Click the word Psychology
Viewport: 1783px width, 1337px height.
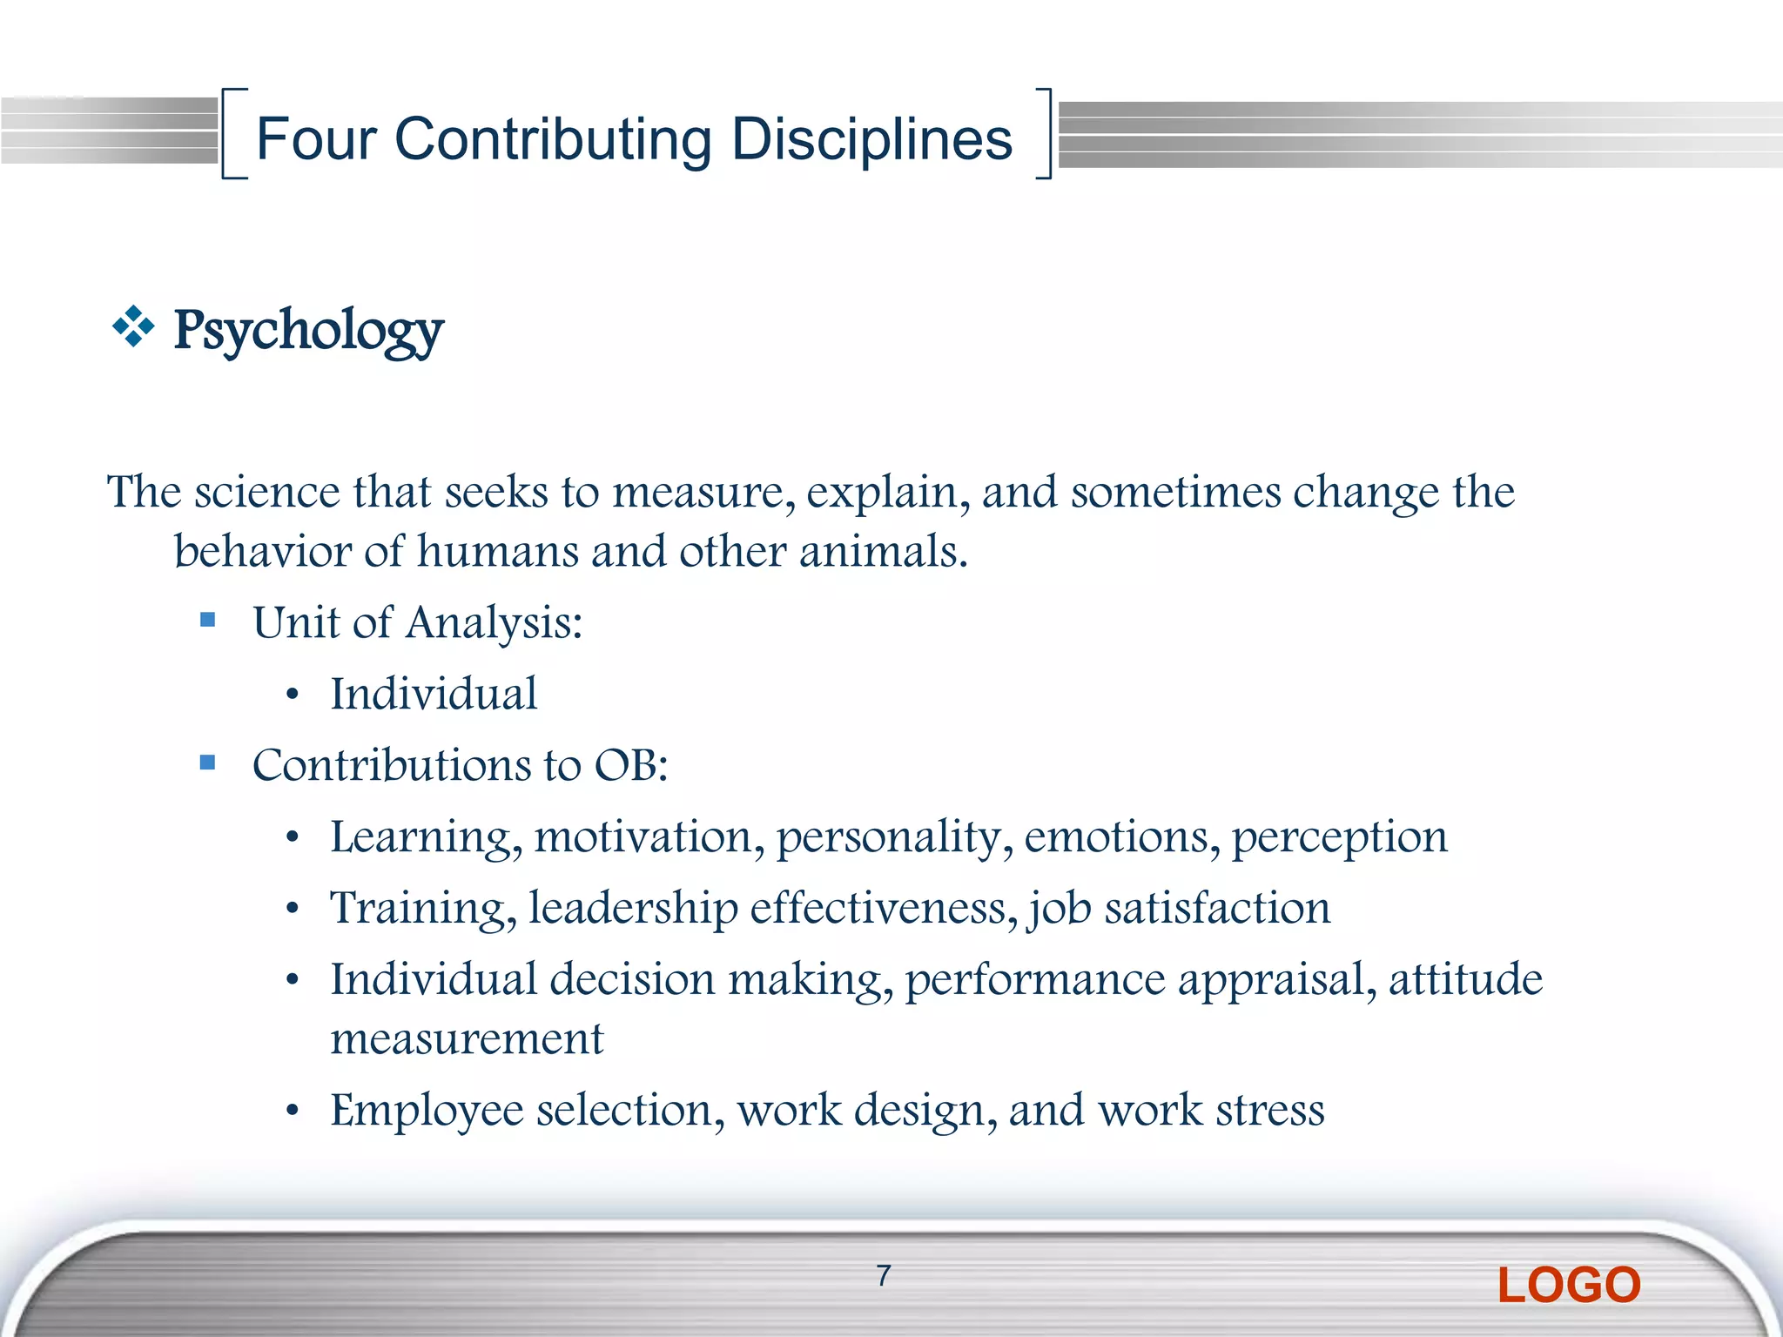pyautogui.click(x=308, y=331)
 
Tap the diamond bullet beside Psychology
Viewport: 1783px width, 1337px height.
pyautogui.click(x=133, y=327)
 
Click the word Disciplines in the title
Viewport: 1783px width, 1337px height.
pyautogui.click(x=871, y=139)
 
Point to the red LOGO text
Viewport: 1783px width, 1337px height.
pyautogui.click(x=1569, y=1285)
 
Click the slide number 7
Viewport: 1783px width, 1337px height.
pyautogui.click(x=884, y=1275)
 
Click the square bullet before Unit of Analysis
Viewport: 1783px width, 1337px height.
pyautogui.click(x=207, y=620)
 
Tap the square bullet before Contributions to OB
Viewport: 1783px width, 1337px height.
pyautogui.click(x=207, y=763)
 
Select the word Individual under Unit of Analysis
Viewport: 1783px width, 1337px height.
pyautogui.click(x=434, y=694)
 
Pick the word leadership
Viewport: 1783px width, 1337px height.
pyautogui.click(x=633, y=908)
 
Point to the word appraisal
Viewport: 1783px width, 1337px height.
pyautogui.click(x=1276, y=980)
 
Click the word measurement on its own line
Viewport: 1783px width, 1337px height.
pyautogui.click(x=467, y=1038)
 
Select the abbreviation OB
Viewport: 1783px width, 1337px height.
pyautogui.click(x=629, y=765)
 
